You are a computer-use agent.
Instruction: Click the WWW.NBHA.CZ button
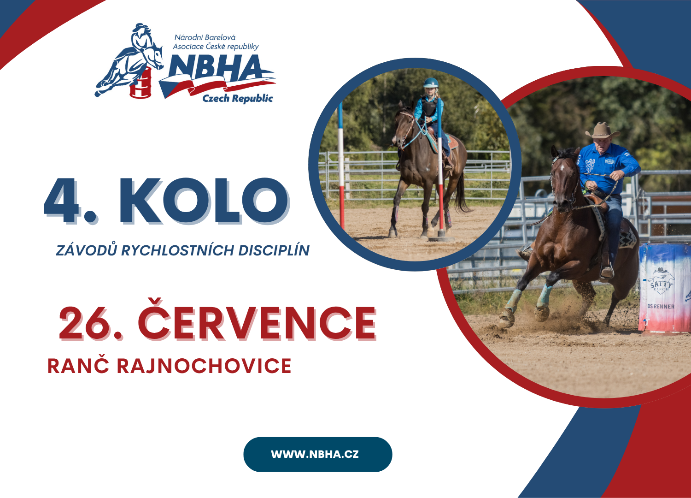tap(317, 454)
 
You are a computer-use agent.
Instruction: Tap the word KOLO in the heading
tap(204, 201)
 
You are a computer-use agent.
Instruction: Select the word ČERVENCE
tap(257, 320)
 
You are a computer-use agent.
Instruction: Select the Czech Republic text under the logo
tap(238, 99)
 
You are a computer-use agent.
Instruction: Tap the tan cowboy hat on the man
tap(602, 130)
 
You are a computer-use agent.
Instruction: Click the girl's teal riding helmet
tap(431, 83)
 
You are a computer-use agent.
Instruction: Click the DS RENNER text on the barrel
tap(661, 307)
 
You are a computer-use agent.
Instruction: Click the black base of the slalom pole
tap(441, 237)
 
